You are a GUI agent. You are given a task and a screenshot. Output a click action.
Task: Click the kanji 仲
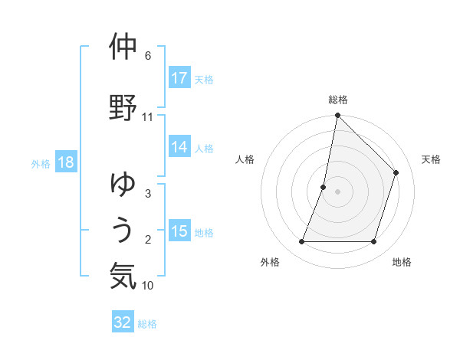tap(123, 48)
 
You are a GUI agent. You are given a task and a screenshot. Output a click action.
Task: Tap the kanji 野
tap(123, 108)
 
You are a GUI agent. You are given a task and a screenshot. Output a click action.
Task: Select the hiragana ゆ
tap(123, 185)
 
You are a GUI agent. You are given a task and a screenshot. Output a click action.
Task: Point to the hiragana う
tap(123, 231)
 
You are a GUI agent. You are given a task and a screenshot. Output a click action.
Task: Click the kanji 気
tap(123, 277)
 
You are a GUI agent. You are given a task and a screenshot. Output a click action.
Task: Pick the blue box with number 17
tap(179, 78)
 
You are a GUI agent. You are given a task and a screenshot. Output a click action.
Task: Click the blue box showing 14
tap(179, 148)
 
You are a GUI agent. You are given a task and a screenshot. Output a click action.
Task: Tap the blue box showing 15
tap(179, 232)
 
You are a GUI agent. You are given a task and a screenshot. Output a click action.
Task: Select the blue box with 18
tap(66, 163)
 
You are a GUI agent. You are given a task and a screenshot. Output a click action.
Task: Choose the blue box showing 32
tap(123, 322)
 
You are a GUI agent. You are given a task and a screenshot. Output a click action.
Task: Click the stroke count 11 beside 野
tap(147, 117)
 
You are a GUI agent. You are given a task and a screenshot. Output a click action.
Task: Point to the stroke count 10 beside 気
tap(147, 286)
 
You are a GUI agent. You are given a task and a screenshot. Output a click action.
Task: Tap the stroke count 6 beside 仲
tap(147, 56)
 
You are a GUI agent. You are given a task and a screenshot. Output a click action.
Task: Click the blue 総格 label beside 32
tap(147, 324)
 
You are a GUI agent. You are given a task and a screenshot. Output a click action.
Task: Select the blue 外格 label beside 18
tap(41, 164)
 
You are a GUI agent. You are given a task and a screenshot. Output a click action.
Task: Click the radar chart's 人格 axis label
tap(245, 159)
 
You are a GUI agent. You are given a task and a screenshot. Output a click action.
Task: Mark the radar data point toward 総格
tap(337, 116)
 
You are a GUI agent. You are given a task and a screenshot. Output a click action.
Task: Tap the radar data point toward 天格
tap(396, 172)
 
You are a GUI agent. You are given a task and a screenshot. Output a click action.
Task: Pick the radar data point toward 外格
tap(301, 242)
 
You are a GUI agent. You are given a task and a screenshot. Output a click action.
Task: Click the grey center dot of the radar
tap(337, 191)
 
